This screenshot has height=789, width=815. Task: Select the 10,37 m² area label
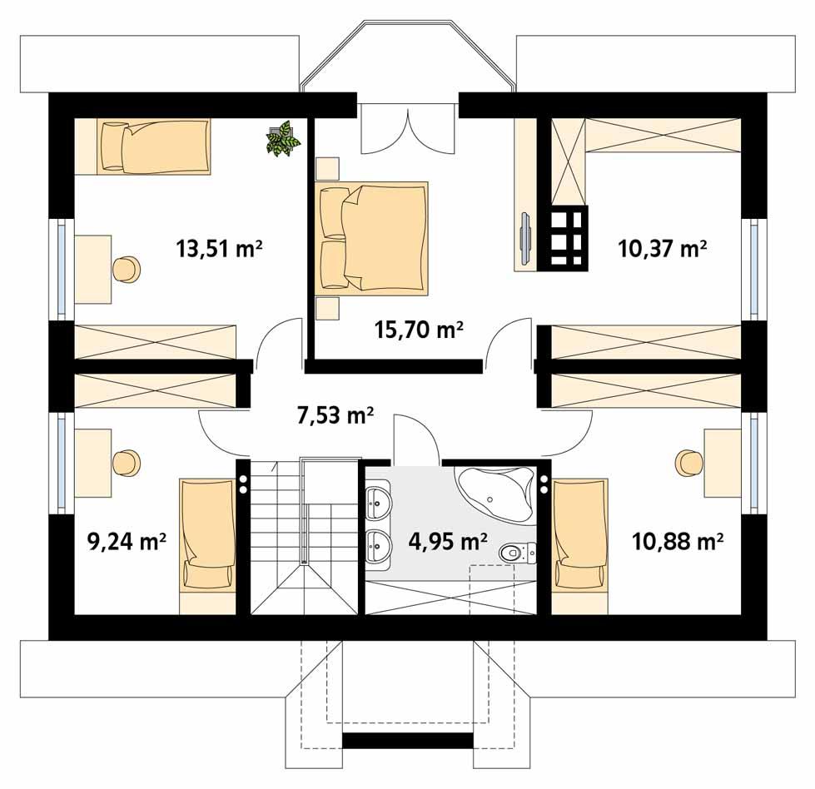(662, 248)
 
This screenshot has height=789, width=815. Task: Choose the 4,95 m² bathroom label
(448, 543)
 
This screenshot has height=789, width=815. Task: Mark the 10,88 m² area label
(676, 543)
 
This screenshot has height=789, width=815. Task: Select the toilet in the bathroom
(515, 552)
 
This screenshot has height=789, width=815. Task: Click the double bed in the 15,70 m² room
(375, 238)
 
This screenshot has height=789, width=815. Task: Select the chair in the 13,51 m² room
(126, 268)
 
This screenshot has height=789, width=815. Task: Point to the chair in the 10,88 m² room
(689, 462)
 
